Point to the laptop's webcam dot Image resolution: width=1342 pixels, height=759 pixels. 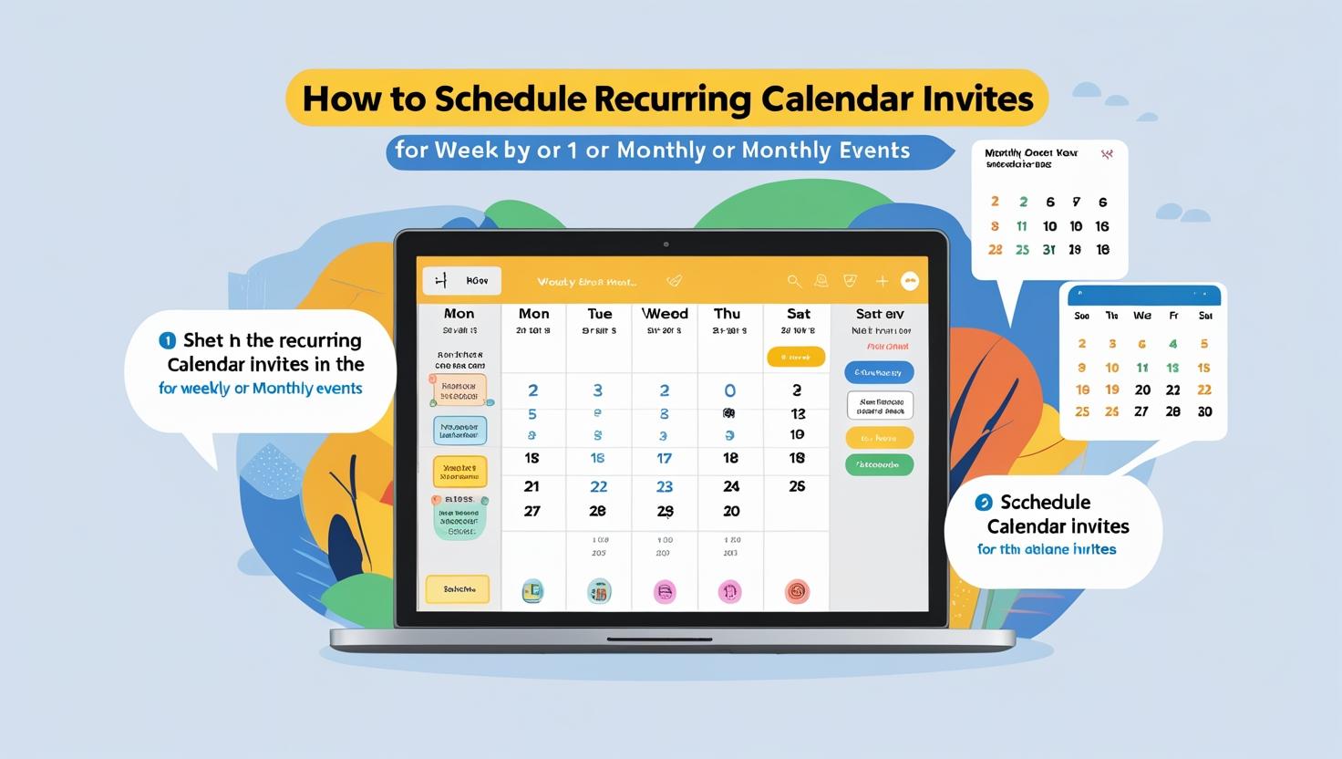point(666,244)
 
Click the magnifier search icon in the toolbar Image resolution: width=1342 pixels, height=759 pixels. point(794,282)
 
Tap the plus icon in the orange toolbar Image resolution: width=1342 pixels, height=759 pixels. point(882,282)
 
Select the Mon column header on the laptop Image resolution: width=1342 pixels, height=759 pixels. point(459,314)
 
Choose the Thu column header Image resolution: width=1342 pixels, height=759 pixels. point(728,314)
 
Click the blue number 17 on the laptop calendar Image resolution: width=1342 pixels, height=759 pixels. point(665,459)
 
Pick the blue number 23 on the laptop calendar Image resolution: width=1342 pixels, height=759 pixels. point(665,487)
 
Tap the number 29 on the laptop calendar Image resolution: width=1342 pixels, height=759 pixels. point(666,512)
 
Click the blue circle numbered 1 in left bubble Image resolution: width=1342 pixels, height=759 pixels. point(167,340)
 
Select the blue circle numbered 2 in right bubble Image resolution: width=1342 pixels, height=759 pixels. point(983,502)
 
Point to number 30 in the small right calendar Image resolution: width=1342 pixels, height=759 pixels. point(1204,412)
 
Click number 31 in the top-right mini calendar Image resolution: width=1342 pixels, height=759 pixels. point(1049,250)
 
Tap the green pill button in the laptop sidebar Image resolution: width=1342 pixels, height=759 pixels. point(879,465)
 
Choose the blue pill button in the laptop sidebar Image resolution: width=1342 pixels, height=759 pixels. point(879,372)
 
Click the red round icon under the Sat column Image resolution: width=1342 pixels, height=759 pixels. point(797,591)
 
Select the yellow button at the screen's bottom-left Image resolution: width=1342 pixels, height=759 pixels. point(458,589)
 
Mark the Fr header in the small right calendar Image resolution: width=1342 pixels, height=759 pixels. point(1173,317)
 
